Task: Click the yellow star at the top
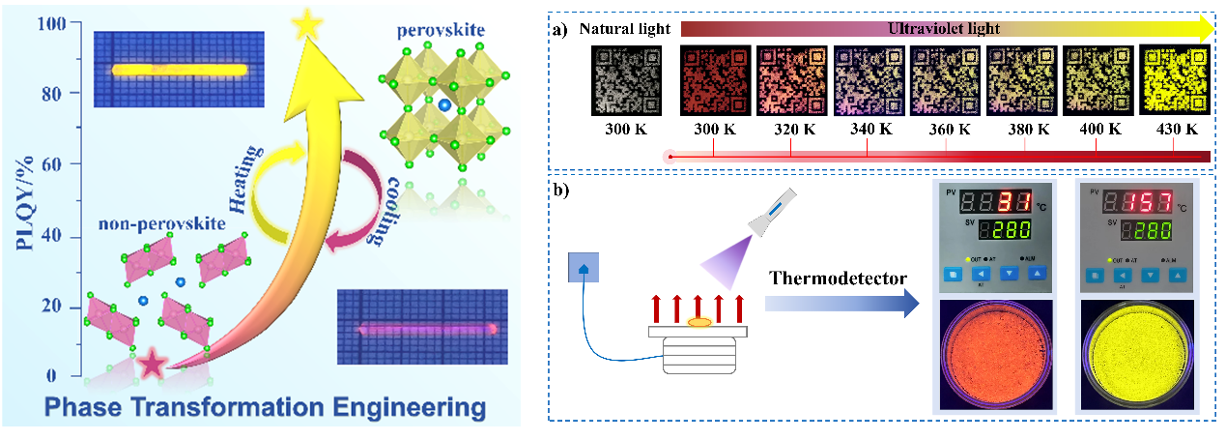pyautogui.click(x=306, y=23)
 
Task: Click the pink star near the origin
pyautogui.click(x=152, y=365)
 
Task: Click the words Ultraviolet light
pyautogui.click(x=945, y=30)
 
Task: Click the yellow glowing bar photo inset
pyautogui.click(x=178, y=69)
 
